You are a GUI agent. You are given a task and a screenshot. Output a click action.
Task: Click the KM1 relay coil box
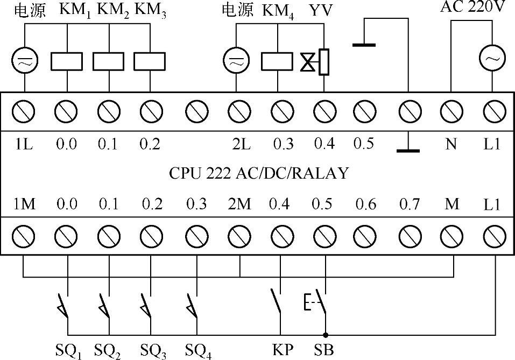tap(67, 61)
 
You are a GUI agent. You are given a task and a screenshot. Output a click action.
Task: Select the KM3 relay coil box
tap(150, 61)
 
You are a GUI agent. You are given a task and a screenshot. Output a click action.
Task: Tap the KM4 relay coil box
tap(277, 61)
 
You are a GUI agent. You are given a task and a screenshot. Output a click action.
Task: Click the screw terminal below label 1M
tap(24, 235)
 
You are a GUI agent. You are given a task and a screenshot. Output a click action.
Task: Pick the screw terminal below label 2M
tap(239, 235)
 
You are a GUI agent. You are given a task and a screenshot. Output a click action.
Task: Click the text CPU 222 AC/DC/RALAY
tap(259, 173)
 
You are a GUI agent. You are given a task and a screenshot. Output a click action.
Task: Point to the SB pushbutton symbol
tap(318, 304)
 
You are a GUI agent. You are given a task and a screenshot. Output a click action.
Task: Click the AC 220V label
tap(472, 8)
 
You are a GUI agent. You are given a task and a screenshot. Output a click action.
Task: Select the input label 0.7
tap(408, 204)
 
